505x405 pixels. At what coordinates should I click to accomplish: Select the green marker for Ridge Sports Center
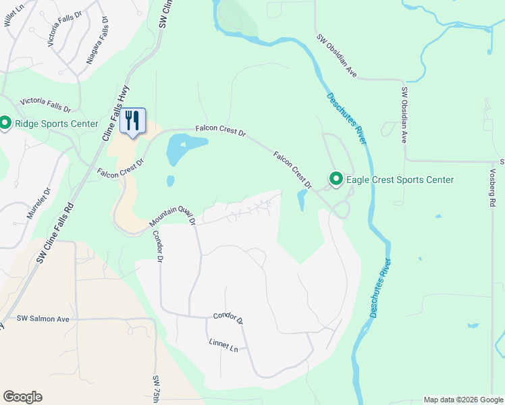click(x=5, y=123)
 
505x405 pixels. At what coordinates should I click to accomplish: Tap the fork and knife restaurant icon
click(x=133, y=121)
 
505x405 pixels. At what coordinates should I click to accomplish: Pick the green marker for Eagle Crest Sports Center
click(x=336, y=179)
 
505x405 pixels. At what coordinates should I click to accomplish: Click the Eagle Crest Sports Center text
click(x=400, y=180)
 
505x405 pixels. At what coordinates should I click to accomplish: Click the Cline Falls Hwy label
click(x=115, y=117)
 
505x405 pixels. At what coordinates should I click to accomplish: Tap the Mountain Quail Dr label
click(x=172, y=215)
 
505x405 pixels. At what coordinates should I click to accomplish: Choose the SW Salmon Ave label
click(x=43, y=318)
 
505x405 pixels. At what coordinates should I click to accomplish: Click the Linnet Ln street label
click(x=223, y=346)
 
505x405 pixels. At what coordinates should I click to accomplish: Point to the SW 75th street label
click(x=157, y=389)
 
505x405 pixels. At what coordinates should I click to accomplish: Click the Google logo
click(x=22, y=397)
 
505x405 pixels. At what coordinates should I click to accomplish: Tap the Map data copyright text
click(x=463, y=400)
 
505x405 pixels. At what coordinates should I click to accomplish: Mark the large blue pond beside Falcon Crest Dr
click(x=184, y=148)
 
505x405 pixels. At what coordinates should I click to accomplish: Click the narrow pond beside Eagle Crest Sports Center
click(x=302, y=200)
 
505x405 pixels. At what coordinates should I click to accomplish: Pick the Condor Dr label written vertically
click(x=159, y=246)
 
